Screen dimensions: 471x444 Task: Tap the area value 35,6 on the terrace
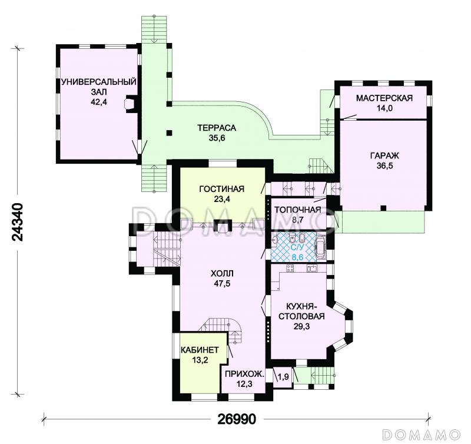tap(217, 138)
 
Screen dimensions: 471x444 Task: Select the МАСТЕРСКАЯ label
tap(384, 98)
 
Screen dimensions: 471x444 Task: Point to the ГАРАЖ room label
tap(384, 155)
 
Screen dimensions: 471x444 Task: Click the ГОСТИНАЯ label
tap(222, 188)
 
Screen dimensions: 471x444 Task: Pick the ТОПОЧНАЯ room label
tap(298, 210)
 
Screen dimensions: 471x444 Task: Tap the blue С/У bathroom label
tap(297, 247)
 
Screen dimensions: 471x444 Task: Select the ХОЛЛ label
tap(222, 273)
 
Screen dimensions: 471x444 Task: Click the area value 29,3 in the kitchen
tap(301, 326)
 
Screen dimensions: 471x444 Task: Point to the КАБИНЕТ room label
tap(200, 350)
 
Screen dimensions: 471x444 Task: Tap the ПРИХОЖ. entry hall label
tap(244, 374)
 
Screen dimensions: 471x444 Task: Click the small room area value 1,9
tap(283, 376)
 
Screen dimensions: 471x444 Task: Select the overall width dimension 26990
tap(237, 419)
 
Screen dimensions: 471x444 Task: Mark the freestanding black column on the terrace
tap(170, 132)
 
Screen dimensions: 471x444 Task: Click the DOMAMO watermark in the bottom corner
tap(421, 434)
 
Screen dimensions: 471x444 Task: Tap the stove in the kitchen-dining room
tap(290, 268)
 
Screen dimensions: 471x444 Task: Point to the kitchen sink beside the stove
tap(311, 268)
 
